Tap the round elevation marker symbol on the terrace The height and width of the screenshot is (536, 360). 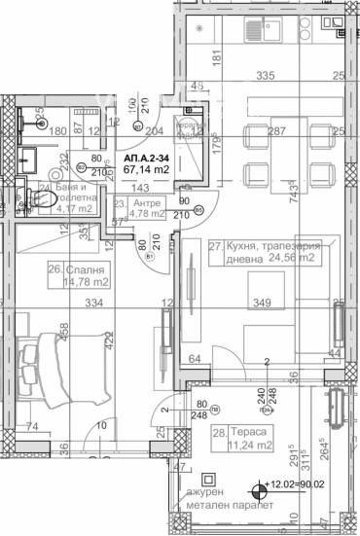pyautogui.click(x=258, y=492)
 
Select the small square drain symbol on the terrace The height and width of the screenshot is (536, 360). pyautogui.click(x=206, y=480)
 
